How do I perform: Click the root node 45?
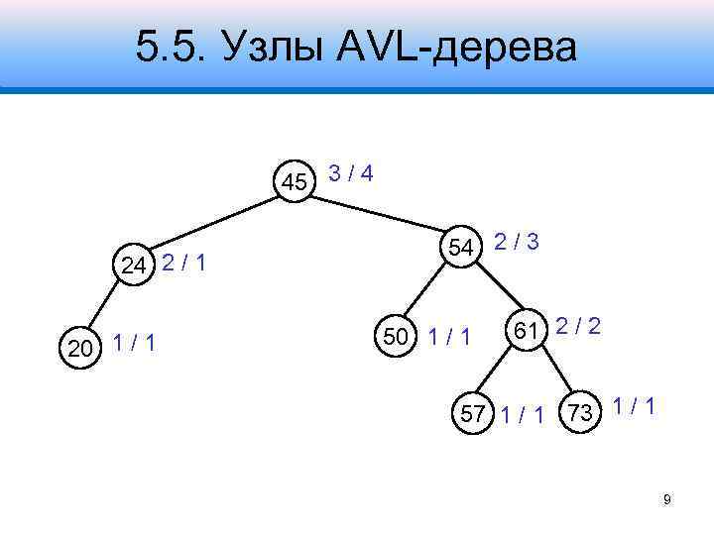[x=295, y=182]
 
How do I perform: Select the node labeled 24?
[x=135, y=264]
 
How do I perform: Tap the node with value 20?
[x=78, y=348]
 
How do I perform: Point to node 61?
[x=526, y=328]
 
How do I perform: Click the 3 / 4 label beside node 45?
[x=351, y=174]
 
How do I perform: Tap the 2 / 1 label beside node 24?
[x=184, y=263]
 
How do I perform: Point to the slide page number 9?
[x=667, y=499]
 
